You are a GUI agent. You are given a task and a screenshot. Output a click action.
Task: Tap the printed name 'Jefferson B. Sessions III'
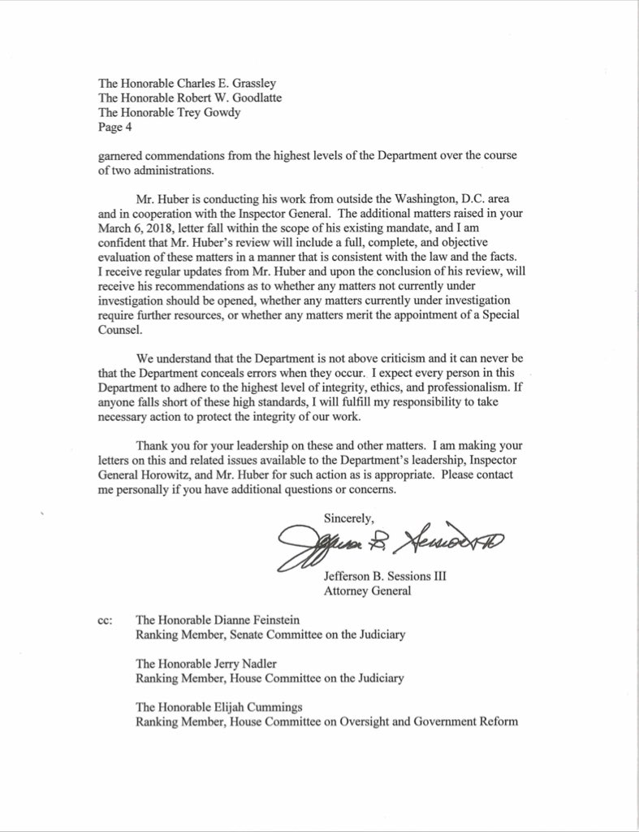[x=385, y=576]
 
